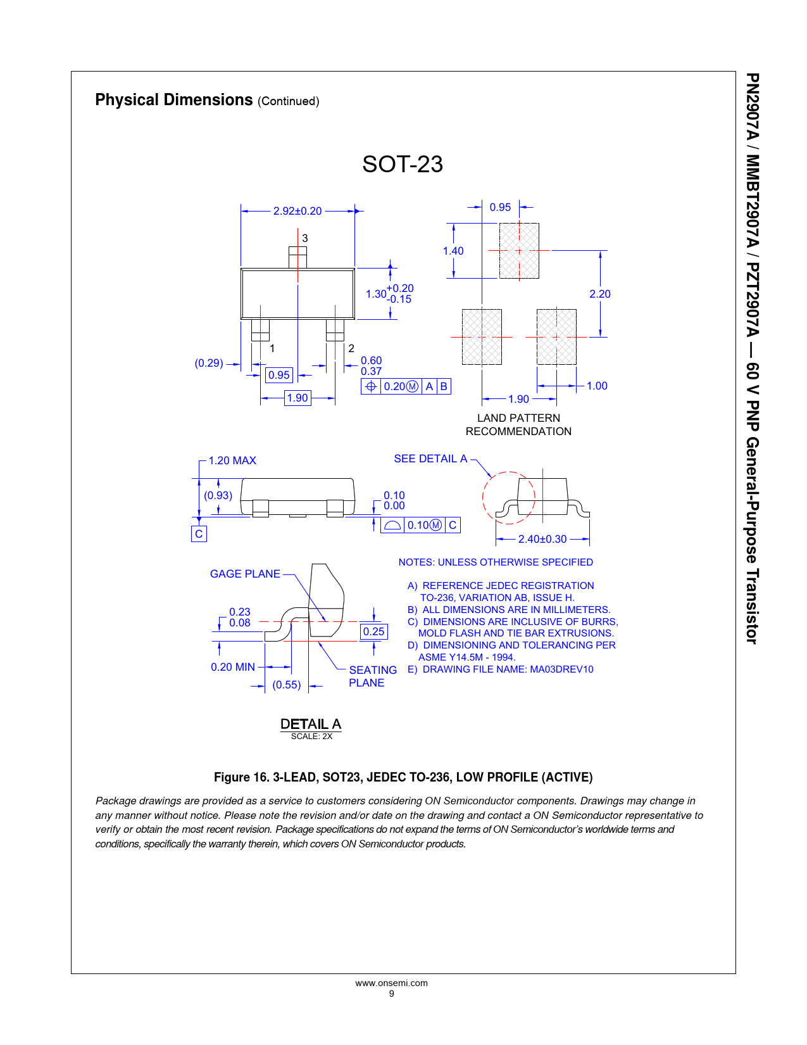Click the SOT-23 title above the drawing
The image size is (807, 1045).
(x=403, y=164)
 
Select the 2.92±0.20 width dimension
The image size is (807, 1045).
(x=297, y=211)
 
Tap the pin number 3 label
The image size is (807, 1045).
(x=304, y=238)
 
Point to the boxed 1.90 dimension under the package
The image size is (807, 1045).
(x=297, y=398)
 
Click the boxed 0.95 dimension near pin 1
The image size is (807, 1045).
(x=278, y=375)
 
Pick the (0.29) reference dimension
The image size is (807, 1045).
(x=209, y=363)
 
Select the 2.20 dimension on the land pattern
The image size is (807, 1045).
(x=600, y=294)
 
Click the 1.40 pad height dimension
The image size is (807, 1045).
(x=453, y=251)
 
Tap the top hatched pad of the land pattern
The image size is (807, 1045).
(x=519, y=251)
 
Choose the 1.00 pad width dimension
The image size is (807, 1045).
(x=597, y=386)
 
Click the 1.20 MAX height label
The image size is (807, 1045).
(x=232, y=460)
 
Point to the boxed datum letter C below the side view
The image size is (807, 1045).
(x=199, y=534)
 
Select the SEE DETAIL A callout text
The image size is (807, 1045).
(x=430, y=459)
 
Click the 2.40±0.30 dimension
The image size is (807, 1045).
(x=542, y=539)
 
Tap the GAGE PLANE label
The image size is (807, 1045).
(x=245, y=574)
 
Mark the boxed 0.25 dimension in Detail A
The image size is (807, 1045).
(x=373, y=631)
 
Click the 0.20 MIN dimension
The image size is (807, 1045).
(x=233, y=667)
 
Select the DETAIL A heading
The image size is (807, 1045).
(x=311, y=724)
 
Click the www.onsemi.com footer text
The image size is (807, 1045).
(x=391, y=983)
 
